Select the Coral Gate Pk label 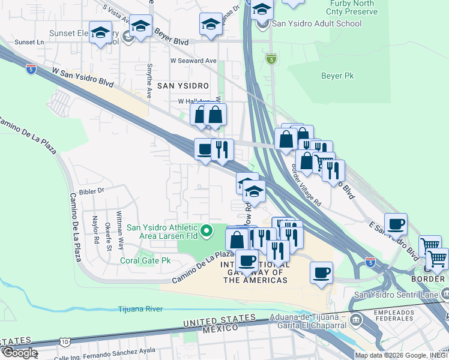pos(145,261)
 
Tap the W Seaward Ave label pos(193,61)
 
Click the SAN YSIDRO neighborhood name pos(182,86)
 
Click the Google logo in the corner pos(20,352)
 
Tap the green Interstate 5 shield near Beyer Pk pos(271,59)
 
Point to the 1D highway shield pos(65,343)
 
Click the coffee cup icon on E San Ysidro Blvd pos(396,224)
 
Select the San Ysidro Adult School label pos(317,24)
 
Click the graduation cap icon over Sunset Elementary pos(100,32)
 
